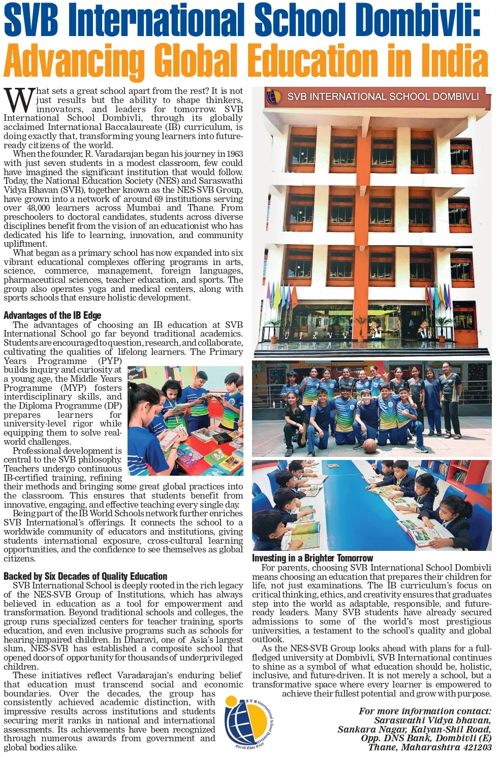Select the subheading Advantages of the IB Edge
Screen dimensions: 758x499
pyautogui.click(x=52, y=315)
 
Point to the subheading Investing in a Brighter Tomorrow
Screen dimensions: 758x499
pyautogui.click(x=313, y=558)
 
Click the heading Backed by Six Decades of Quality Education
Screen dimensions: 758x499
pyautogui.click(x=85, y=576)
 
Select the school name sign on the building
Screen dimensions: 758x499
pyautogui.click(x=383, y=96)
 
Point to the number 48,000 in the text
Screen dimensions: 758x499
pyautogui.click(x=38, y=208)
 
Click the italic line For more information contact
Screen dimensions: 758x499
pyautogui.click(x=425, y=711)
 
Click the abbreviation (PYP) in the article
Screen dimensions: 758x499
pyautogui.click(x=110, y=361)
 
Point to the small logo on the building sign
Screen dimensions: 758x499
pyautogui.click(x=274, y=96)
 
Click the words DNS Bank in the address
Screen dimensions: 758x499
pyautogui.click(x=405, y=738)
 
